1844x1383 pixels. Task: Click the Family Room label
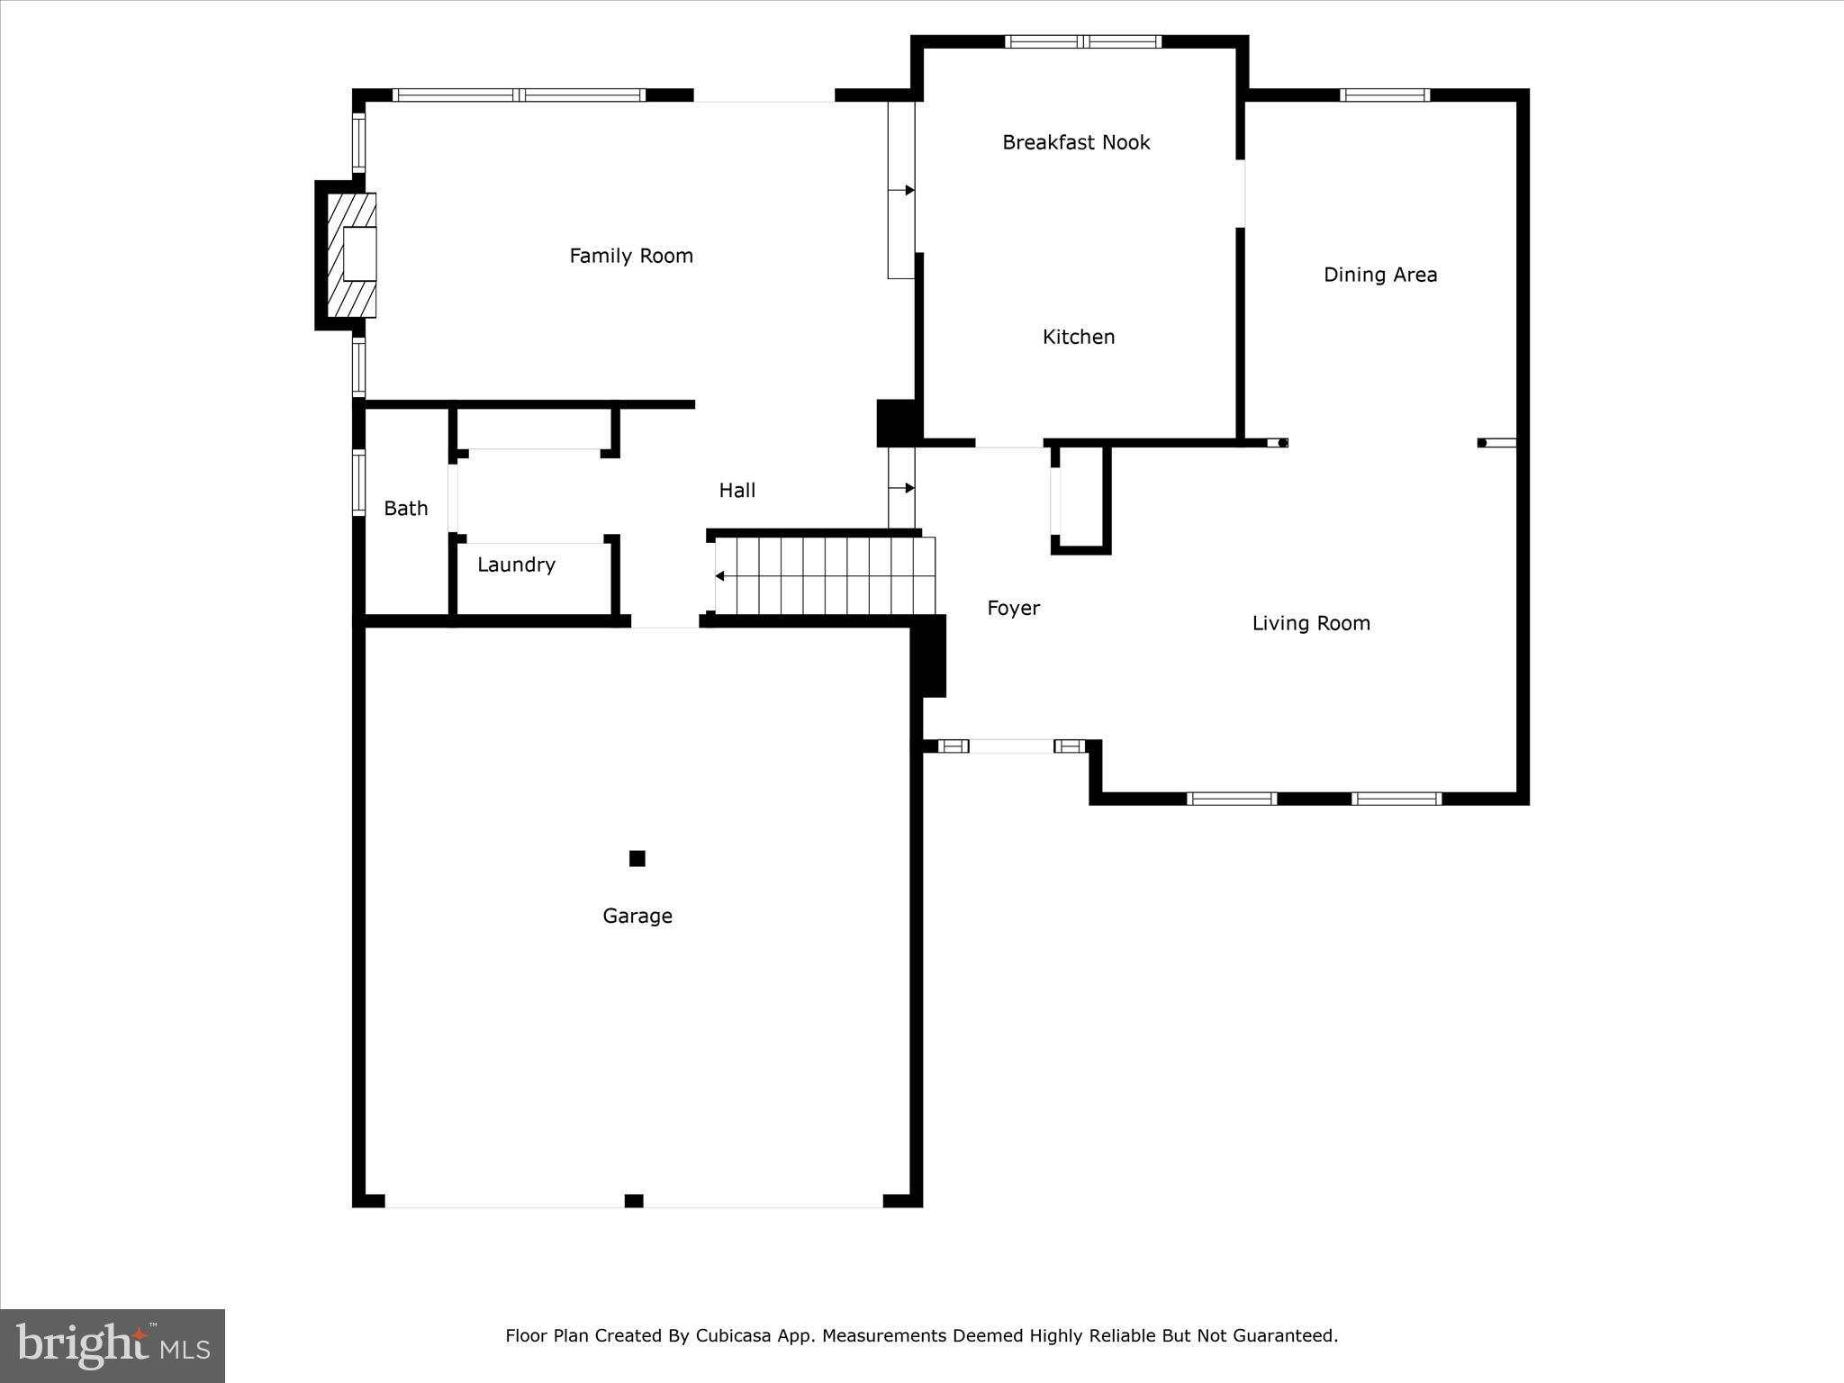(630, 257)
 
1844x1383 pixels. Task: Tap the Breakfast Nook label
(1076, 142)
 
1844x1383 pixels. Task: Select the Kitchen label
(1078, 337)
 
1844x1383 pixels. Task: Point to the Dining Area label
(1379, 275)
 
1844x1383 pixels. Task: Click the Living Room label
(1310, 623)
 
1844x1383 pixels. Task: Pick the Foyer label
(1013, 608)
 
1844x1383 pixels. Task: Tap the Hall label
(737, 491)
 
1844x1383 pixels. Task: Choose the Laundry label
(516, 565)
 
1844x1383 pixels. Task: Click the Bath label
(405, 509)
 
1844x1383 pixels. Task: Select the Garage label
(637, 916)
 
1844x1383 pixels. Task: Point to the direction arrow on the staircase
(720, 576)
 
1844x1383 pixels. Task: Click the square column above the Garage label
(637, 858)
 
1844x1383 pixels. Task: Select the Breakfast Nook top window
(1082, 41)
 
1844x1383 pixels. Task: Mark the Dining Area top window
(1384, 95)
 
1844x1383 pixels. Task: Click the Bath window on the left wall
(358, 483)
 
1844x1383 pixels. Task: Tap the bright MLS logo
(113, 1346)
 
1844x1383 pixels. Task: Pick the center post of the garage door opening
(634, 1200)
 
